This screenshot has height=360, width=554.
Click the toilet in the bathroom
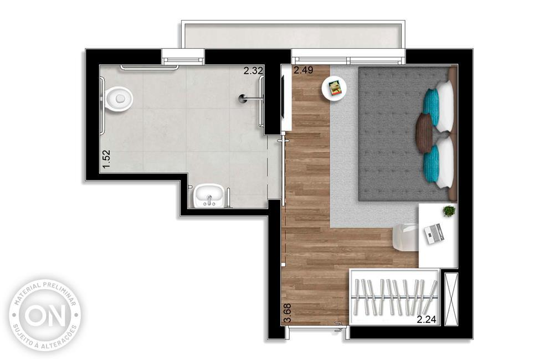[x=119, y=99]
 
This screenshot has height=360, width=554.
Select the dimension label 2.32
[x=253, y=71]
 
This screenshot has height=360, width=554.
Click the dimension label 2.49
[x=304, y=70]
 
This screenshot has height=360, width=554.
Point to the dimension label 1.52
[x=107, y=159]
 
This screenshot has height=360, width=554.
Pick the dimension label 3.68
[x=287, y=313]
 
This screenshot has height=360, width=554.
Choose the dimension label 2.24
[x=427, y=320]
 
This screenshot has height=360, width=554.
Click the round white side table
[x=334, y=88]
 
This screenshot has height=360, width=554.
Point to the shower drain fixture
[x=243, y=99]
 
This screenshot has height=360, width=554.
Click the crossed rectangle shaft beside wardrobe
[x=451, y=299]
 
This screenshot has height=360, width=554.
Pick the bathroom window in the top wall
[x=183, y=56]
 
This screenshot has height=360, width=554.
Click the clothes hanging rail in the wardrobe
[x=396, y=297]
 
